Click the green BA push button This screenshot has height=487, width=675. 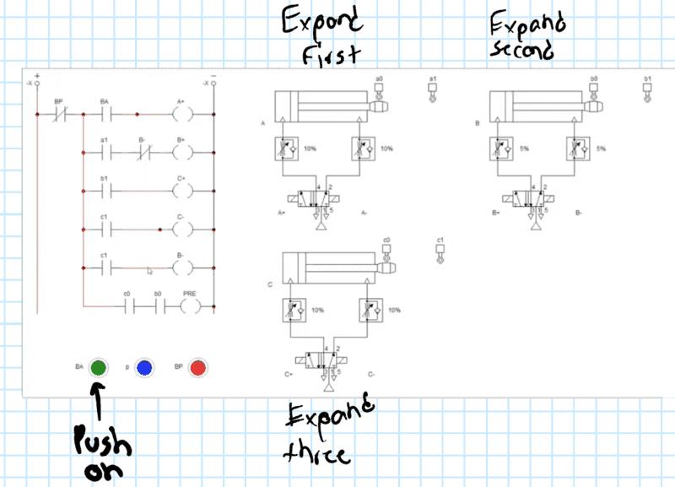98,367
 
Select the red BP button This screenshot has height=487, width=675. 198,367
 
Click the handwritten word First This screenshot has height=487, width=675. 331,54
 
